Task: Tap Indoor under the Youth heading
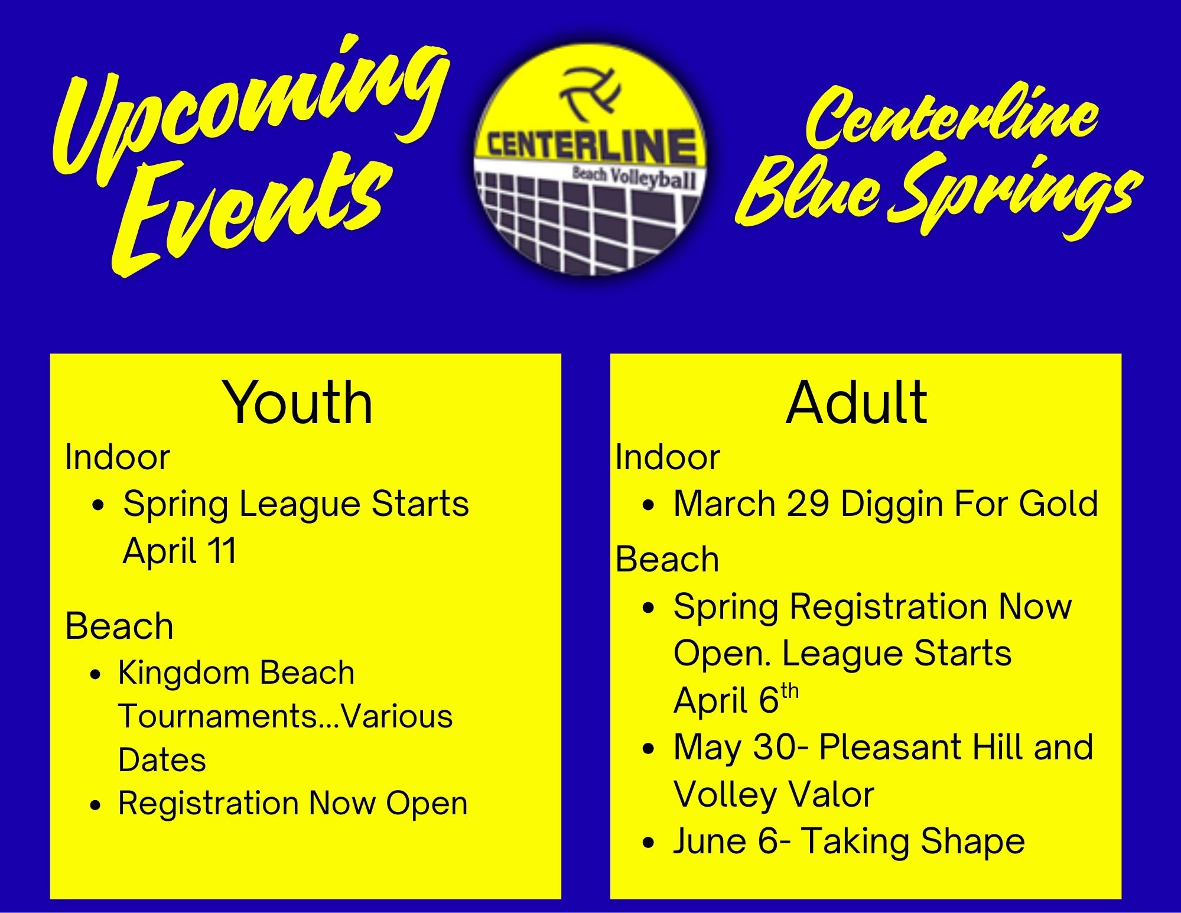(x=118, y=457)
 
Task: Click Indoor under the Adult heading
(x=668, y=457)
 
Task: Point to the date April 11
(x=180, y=551)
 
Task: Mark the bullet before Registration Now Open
(x=96, y=805)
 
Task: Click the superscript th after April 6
(x=789, y=691)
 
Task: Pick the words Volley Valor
(x=773, y=794)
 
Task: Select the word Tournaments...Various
(x=285, y=716)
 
